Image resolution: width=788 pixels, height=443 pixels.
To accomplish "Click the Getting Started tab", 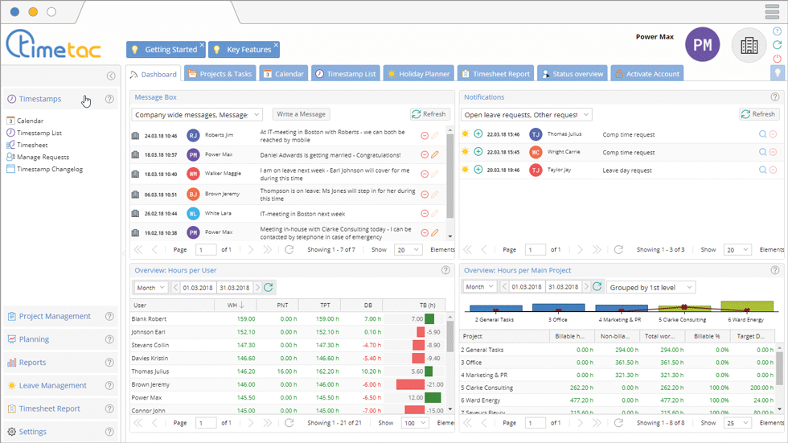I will [166, 50].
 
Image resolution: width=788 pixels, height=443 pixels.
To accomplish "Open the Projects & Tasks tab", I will [220, 74].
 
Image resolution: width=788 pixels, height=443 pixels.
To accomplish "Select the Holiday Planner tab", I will [418, 74].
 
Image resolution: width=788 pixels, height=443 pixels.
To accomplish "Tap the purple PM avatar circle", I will [702, 45].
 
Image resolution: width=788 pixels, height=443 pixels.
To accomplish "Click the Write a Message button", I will [302, 114].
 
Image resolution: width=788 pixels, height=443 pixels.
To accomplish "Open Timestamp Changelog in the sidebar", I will [49, 169].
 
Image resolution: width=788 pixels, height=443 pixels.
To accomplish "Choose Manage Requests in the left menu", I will [43, 157].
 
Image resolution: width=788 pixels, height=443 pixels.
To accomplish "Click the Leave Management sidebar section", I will [52, 385].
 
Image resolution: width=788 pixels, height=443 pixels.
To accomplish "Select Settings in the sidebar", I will [33, 432].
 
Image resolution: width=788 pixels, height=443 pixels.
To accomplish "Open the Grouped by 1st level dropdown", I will [651, 287].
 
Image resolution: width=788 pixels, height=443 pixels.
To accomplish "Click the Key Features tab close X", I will [276, 44].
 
